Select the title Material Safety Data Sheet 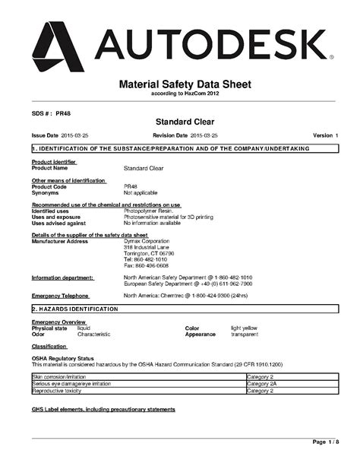tap(180, 84)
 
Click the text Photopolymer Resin tap(147, 211)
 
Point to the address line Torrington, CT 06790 tap(149, 253)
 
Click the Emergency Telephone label tap(60, 295)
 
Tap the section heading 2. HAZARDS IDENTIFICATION tap(74, 310)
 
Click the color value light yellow tap(245, 328)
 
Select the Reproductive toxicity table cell tap(59, 391)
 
